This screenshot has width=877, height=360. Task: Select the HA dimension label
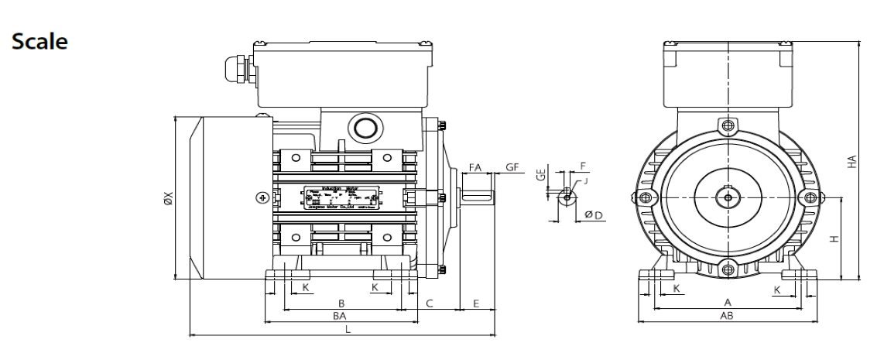click(853, 162)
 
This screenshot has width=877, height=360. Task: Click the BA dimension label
click(339, 316)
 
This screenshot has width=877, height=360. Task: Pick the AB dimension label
click(727, 316)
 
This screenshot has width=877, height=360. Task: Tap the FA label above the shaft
click(476, 167)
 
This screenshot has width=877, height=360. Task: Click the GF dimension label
click(512, 167)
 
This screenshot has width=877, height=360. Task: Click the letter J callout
click(587, 181)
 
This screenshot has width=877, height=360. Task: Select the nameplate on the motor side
click(343, 197)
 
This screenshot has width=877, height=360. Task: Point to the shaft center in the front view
click(727, 197)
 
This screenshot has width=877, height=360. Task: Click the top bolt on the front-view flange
click(727, 126)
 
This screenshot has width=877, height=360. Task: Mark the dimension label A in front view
click(727, 302)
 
